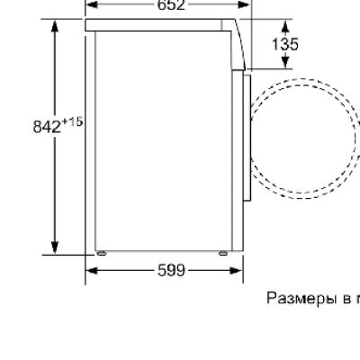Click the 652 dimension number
[171, 4]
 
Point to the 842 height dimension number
[48, 127]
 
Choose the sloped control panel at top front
[239, 45]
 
